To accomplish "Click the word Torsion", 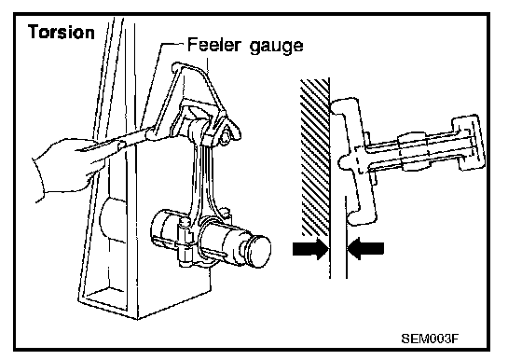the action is click(x=62, y=32).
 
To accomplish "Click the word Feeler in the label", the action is click(x=213, y=44).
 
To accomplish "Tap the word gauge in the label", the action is click(x=276, y=46).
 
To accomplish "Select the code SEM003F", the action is click(x=430, y=339).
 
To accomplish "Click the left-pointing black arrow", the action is click(x=365, y=248).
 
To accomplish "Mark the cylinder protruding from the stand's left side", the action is click(x=113, y=218).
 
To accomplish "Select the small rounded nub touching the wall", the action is click(x=344, y=163).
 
